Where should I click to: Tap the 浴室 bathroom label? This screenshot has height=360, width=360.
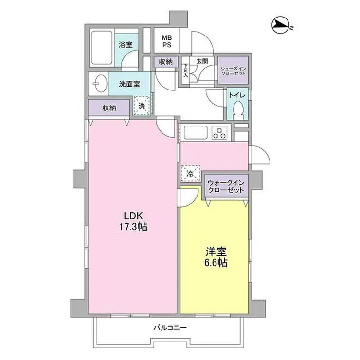click(126, 45)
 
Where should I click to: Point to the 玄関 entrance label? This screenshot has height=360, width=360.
click(202, 61)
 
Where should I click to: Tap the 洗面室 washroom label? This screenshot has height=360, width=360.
click(129, 84)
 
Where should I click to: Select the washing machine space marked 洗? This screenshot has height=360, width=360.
click(142, 106)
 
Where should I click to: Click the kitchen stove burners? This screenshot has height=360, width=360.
click(219, 132)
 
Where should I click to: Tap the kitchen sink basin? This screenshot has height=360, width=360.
click(195, 132)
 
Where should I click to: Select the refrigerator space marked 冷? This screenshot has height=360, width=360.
click(190, 173)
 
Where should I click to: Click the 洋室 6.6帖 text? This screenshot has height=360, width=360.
click(214, 258)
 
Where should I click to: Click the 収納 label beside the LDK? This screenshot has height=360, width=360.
click(109, 108)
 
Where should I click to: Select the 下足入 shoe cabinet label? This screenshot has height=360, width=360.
click(186, 70)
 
